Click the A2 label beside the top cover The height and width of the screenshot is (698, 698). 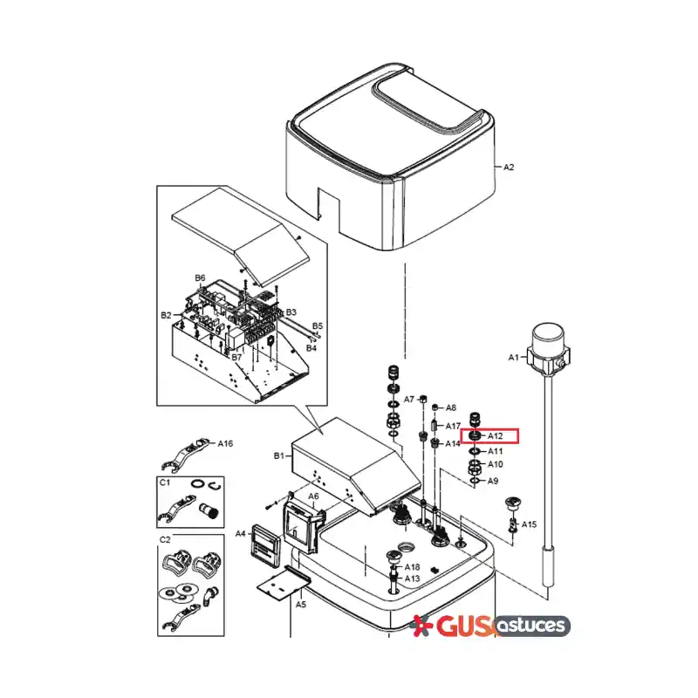point(509,167)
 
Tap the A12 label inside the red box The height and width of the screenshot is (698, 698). point(495,435)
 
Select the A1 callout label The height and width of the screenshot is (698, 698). point(514,357)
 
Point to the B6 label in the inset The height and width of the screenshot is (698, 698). point(200,278)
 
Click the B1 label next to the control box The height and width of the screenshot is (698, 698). point(278,455)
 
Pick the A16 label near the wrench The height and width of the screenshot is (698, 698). point(225,443)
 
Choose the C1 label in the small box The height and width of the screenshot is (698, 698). point(165,482)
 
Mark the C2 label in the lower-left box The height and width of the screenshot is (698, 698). point(165,539)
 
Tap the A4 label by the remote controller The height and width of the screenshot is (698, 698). point(241,533)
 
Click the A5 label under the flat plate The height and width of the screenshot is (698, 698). point(301,604)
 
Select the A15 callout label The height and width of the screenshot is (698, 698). point(530,524)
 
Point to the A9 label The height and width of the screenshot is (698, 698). point(493,481)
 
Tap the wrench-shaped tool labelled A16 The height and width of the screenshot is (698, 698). point(184,454)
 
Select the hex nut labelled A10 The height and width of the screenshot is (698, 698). point(474,467)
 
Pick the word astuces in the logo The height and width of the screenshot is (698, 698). point(531,626)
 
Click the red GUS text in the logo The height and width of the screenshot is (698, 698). point(463,626)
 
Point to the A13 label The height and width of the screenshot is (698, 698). point(412,578)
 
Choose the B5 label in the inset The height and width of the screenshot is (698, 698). point(318,325)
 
